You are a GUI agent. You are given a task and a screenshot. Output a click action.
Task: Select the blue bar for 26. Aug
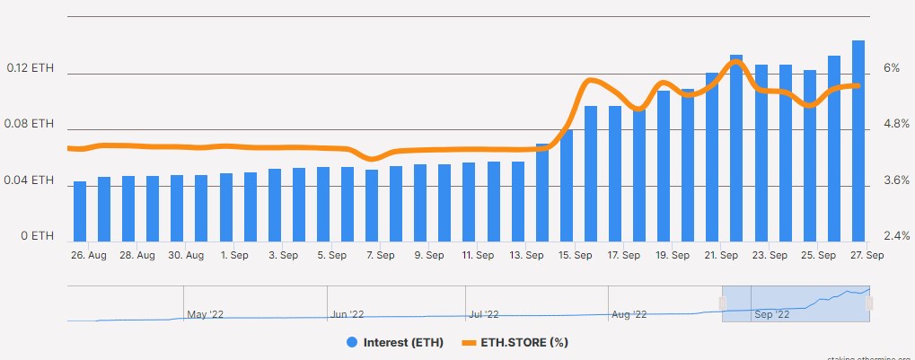pos(80,212)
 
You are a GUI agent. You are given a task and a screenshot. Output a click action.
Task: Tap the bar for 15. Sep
pos(566,185)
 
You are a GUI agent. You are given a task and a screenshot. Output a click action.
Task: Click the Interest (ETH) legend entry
pos(395,342)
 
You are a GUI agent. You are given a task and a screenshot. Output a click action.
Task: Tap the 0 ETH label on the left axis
pos(37,237)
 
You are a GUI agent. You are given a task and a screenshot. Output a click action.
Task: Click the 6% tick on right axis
pos(892,68)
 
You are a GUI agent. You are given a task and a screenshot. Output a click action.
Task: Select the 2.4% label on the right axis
pos(896,237)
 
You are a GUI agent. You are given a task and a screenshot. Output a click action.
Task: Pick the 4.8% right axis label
pos(896,125)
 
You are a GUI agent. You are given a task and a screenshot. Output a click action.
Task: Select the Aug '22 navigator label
pos(629,314)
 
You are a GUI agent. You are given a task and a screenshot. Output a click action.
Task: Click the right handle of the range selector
pos(869,304)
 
